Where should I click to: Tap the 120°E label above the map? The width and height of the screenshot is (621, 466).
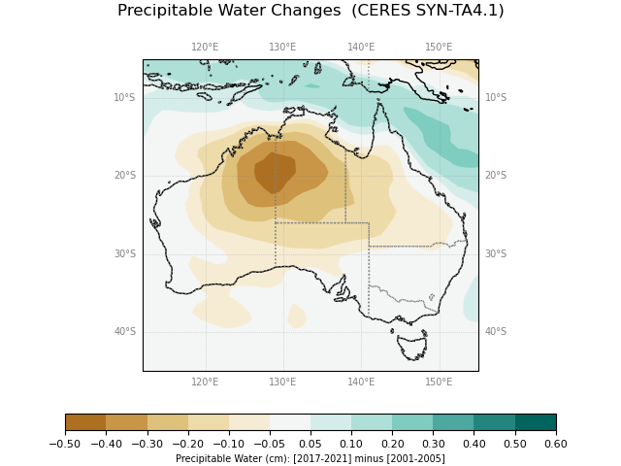[x=205, y=47]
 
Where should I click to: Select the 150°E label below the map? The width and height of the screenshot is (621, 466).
[x=439, y=383]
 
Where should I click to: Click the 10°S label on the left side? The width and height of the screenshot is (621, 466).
[x=124, y=98]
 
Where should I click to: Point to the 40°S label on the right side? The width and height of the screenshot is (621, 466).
[x=496, y=332]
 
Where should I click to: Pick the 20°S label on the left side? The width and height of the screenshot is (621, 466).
[x=124, y=176]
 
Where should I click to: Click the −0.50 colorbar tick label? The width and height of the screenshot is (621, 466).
[x=65, y=444]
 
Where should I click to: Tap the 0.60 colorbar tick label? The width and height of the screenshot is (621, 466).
[x=556, y=444]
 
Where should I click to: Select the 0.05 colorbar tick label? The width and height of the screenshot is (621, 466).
[x=310, y=444]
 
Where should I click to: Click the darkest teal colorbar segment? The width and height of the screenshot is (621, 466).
[x=536, y=422]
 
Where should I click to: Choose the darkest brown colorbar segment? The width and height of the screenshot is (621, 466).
[x=85, y=422]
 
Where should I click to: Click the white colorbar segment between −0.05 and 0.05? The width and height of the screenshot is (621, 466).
[x=290, y=422]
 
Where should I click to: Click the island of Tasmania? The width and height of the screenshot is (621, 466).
[x=411, y=345]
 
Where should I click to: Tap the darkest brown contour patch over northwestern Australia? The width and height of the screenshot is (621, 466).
[x=273, y=172]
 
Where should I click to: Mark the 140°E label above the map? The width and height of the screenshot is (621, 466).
[x=361, y=47]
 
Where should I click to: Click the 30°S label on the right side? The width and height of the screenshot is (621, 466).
[x=496, y=254]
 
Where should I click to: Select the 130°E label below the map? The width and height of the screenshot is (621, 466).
[x=282, y=383]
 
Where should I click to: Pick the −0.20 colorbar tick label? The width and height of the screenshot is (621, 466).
[x=187, y=444]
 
